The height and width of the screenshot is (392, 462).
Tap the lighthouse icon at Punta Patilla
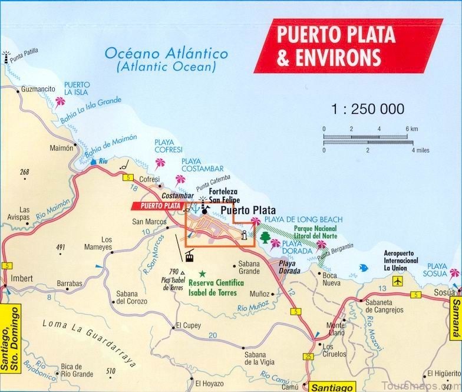click(x=7, y=56)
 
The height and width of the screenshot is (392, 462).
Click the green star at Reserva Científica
click(x=202, y=274)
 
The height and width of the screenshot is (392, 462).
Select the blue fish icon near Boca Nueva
click(x=363, y=268)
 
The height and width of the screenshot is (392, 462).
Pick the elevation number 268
click(x=24, y=172)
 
